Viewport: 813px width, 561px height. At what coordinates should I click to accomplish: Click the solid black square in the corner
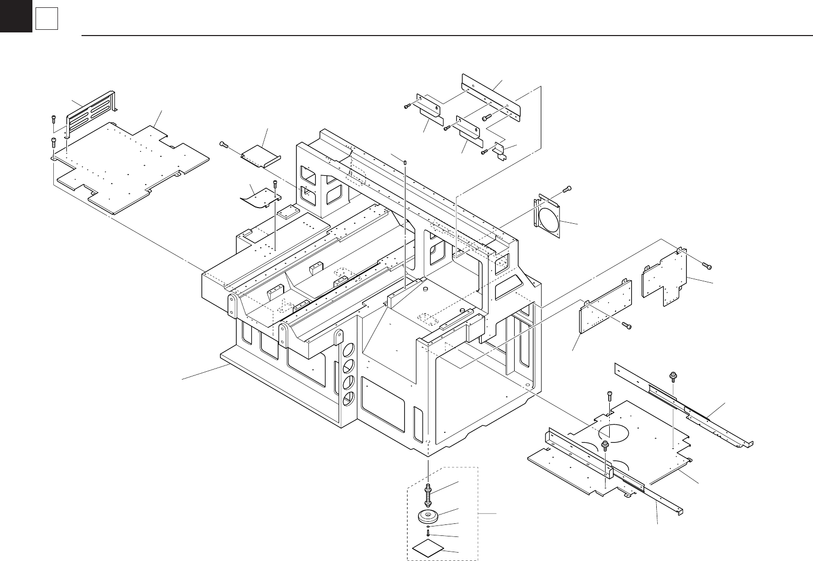(x=16, y=16)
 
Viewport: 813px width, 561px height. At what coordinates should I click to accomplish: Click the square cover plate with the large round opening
(x=548, y=216)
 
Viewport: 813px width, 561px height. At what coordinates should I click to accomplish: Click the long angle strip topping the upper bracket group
(x=491, y=97)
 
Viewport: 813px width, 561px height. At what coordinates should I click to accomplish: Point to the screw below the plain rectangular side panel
(x=627, y=326)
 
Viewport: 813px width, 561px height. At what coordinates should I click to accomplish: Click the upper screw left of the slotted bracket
(x=53, y=119)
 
